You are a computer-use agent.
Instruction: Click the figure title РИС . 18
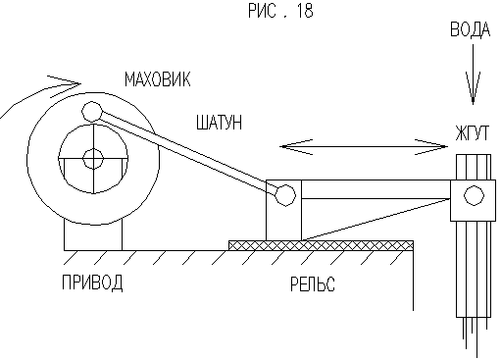point(280,11)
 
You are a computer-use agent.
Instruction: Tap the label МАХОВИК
point(158,79)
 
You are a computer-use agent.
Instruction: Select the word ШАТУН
point(219,123)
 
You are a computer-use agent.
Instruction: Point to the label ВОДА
point(471,29)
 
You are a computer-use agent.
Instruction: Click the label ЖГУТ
point(472,133)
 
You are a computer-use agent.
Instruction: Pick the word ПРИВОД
point(92,283)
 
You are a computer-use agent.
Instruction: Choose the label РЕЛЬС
point(313,283)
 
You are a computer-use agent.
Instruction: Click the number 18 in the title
point(305,11)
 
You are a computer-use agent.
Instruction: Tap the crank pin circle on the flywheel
point(92,112)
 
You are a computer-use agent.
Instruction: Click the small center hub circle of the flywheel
point(93,159)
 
